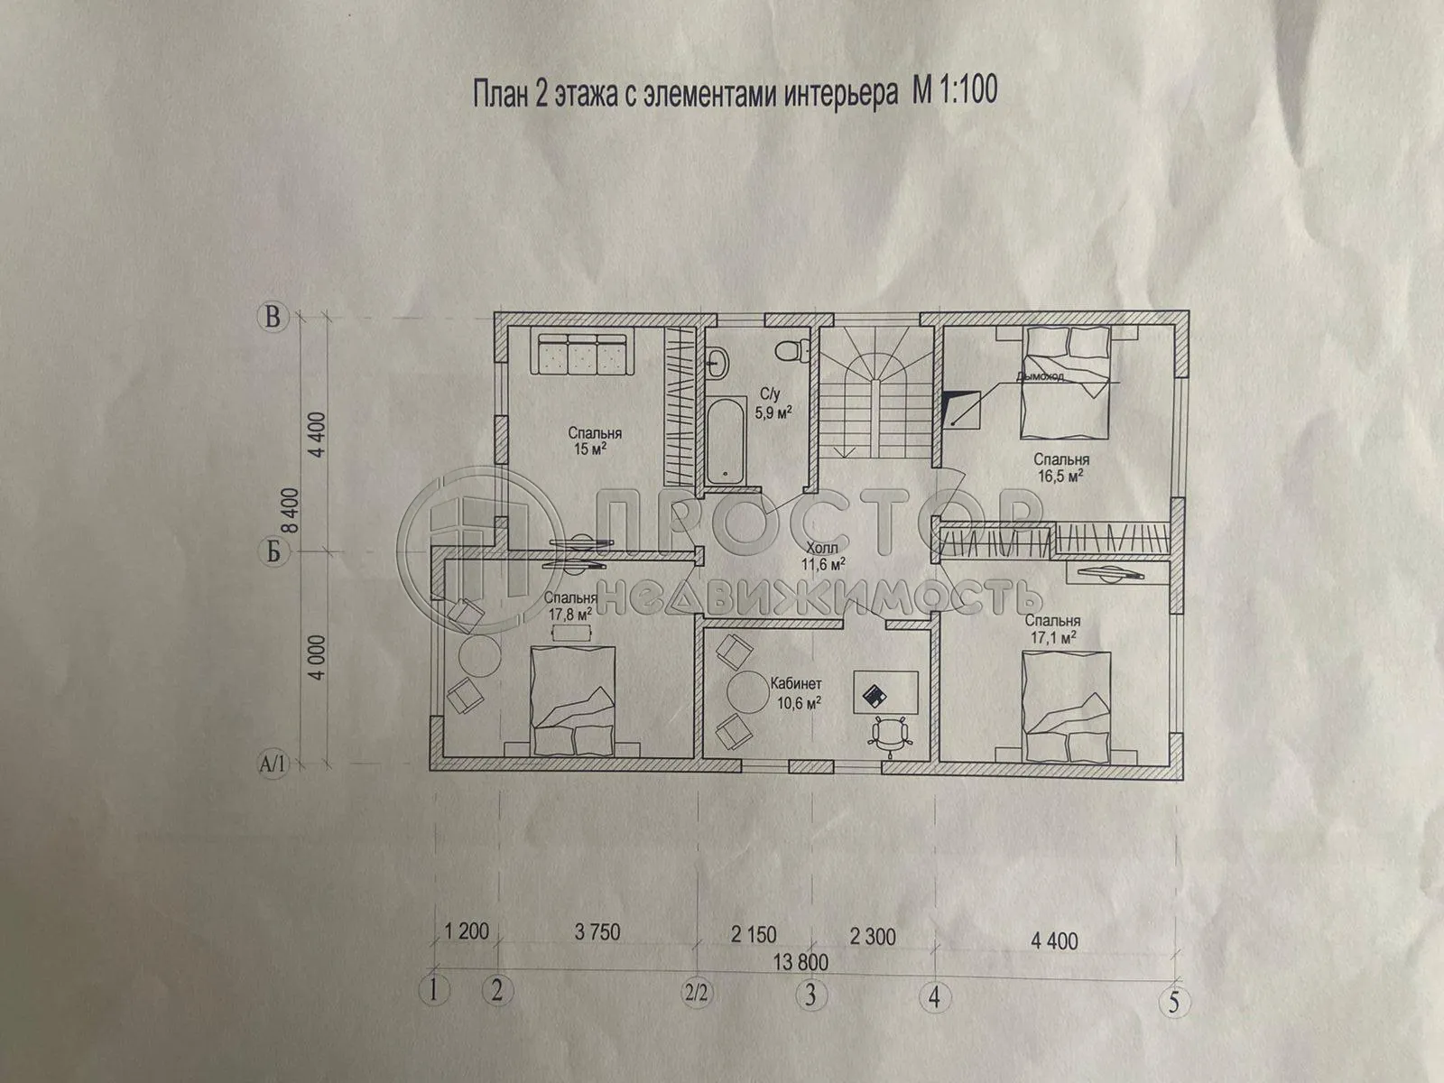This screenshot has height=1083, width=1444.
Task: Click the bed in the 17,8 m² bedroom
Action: [x=576, y=699]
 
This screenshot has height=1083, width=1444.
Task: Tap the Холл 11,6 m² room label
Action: [x=821, y=556]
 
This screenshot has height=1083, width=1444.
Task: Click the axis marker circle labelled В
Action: [x=271, y=317]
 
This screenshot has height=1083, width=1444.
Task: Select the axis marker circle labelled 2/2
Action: [x=696, y=995]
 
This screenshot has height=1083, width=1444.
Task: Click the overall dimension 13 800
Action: [x=799, y=963]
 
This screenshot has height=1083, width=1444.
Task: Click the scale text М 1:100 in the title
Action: [x=944, y=92]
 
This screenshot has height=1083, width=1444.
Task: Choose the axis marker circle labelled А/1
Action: [x=272, y=765]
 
